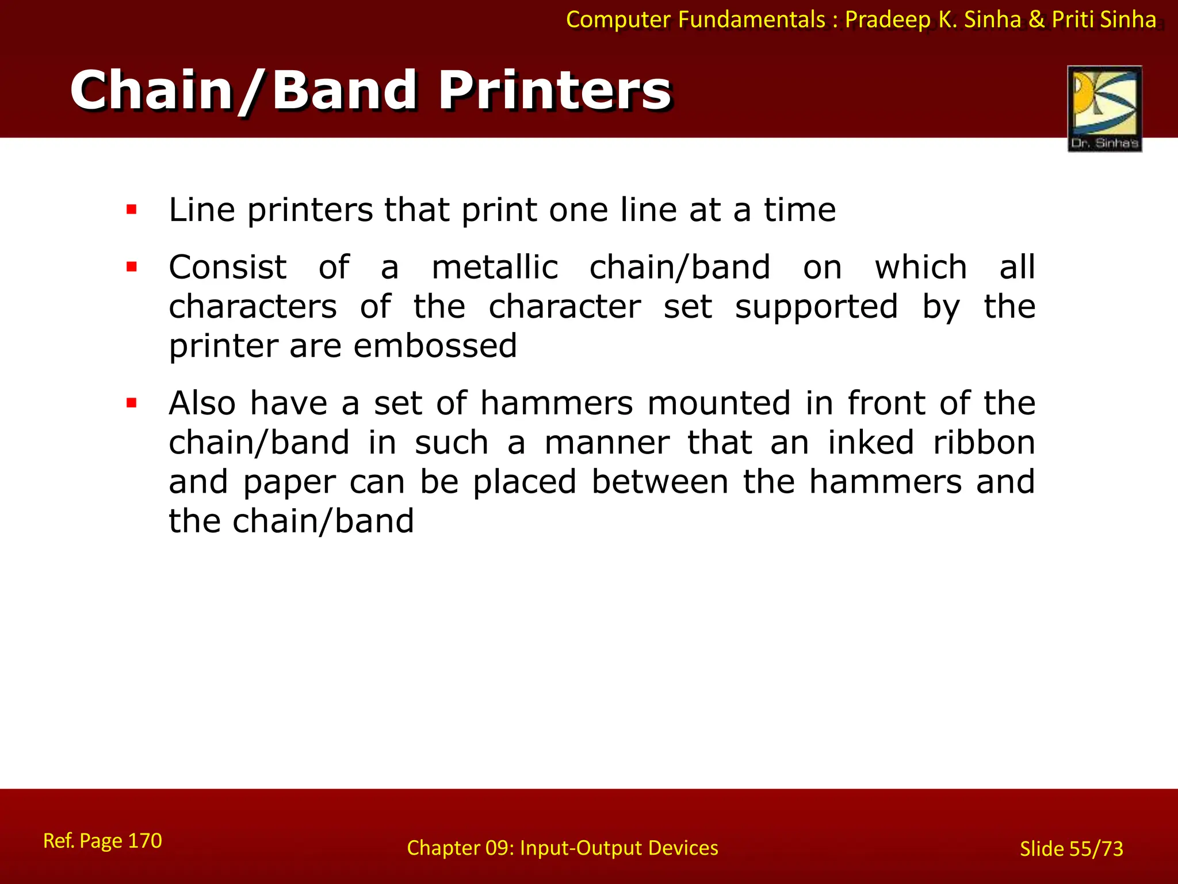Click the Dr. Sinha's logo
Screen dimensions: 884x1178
pos(1104,108)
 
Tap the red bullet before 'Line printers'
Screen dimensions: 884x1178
pos(132,209)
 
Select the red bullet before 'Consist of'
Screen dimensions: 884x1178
pos(132,267)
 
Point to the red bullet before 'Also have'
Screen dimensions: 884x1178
pos(132,403)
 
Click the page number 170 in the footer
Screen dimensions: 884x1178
pos(144,841)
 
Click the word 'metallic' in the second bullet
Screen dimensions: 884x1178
pos(495,268)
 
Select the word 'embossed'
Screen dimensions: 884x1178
pos(435,346)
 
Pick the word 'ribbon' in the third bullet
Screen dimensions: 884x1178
pos(984,443)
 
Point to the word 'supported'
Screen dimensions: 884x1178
pos(816,307)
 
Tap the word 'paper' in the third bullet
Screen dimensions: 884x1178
pos(289,482)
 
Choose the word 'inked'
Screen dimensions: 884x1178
pos(871,443)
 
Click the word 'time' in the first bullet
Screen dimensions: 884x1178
pos(800,209)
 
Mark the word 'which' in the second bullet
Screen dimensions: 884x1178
pos(921,268)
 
